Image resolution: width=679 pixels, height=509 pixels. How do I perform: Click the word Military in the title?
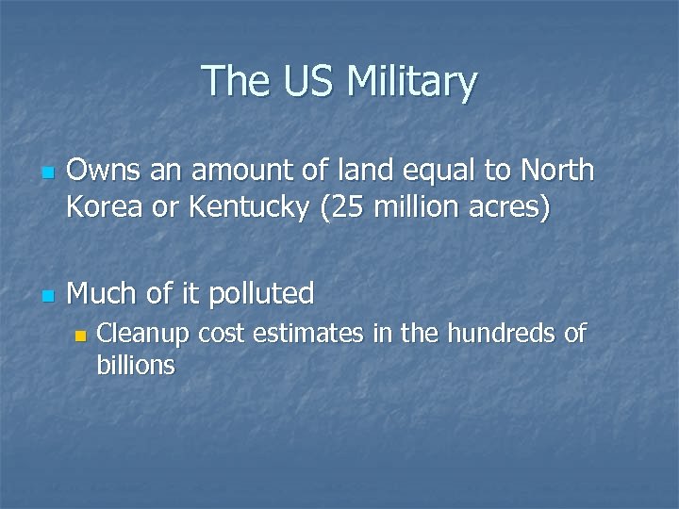(x=412, y=82)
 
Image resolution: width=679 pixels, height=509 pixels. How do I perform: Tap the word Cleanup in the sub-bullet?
(x=141, y=334)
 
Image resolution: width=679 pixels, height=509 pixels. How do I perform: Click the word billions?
(x=136, y=365)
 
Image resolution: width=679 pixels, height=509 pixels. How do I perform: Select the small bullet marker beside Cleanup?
(x=81, y=336)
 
